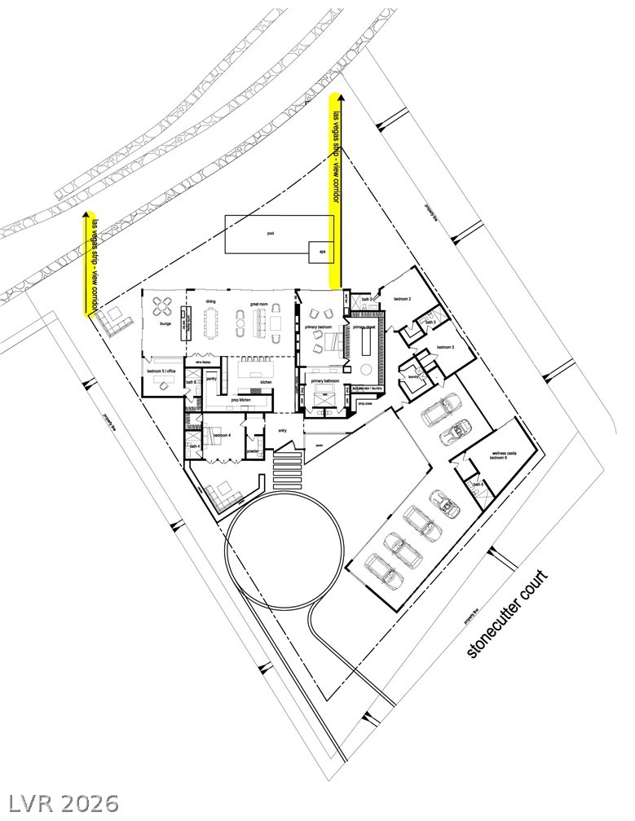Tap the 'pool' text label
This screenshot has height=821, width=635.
click(270, 233)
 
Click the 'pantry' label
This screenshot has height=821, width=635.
click(211, 378)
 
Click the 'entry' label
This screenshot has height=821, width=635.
click(283, 431)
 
